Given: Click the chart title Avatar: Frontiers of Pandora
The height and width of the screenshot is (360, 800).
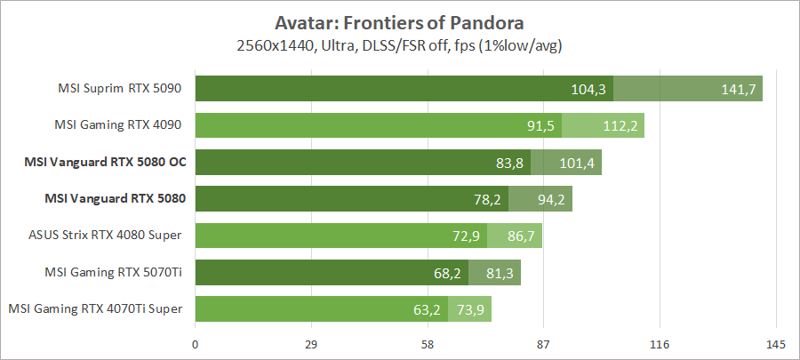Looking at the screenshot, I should tap(399, 20).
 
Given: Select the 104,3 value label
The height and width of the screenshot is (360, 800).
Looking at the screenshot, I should tap(588, 89).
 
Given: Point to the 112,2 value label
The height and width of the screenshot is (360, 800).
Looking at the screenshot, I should tap(620, 125).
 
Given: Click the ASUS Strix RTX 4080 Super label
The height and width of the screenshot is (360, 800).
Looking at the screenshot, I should tap(106, 235).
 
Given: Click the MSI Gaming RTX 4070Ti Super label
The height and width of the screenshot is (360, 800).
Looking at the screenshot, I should tap(95, 308).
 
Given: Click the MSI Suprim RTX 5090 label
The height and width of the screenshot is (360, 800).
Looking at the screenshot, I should tap(118, 88).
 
